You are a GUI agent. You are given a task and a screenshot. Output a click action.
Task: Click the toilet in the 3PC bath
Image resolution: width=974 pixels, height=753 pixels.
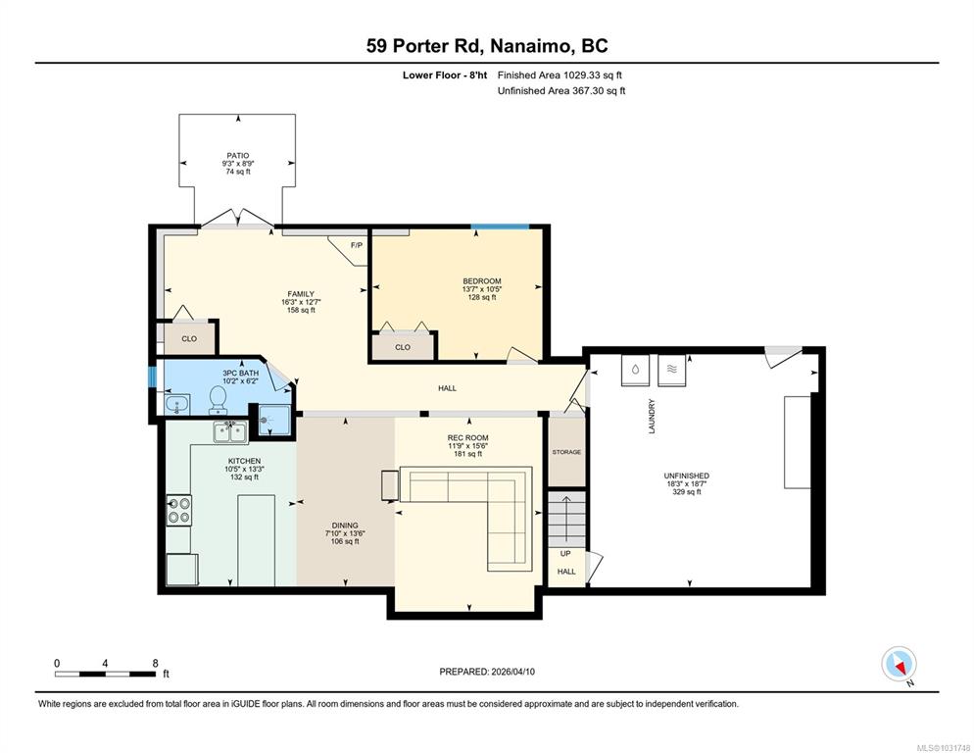pyautogui.click(x=218, y=399)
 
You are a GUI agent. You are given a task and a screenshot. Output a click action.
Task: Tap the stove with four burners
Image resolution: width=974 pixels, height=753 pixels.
pyautogui.click(x=179, y=510)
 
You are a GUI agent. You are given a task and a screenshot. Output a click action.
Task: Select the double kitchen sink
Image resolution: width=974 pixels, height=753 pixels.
pyautogui.click(x=230, y=431)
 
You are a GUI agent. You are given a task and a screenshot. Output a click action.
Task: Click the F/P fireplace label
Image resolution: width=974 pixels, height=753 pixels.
pyautogui.click(x=357, y=245)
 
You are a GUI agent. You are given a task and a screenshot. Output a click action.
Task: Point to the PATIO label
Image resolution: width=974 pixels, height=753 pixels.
pyautogui.click(x=238, y=156)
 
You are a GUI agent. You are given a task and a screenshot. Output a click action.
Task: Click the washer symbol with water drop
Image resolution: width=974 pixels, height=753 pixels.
pyautogui.click(x=635, y=370)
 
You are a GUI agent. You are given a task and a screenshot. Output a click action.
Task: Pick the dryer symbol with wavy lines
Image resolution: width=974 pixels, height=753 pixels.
pyautogui.click(x=671, y=370)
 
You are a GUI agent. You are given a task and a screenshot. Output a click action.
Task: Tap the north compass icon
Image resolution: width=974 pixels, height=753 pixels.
pyautogui.click(x=899, y=664)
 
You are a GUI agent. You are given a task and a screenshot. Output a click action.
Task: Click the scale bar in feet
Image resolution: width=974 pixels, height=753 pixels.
pyautogui.click(x=106, y=674)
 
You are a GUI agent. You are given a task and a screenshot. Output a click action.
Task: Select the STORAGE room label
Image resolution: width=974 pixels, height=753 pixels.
pyautogui.click(x=566, y=452)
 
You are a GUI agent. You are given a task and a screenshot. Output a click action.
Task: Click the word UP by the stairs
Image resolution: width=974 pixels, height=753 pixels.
pyautogui.click(x=565, y=553)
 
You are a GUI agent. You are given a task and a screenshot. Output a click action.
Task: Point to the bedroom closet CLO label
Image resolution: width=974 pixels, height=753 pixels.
pyautogui.click(x=403, y=347)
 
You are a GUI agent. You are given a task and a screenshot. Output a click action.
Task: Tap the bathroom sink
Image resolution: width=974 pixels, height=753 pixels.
pyautogui.click(x=178, y=405)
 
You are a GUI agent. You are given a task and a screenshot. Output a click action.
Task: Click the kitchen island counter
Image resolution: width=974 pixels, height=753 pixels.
pyautogui.click(x=256, y=539)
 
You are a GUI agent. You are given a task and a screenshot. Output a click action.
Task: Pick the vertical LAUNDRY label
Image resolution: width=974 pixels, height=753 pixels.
pyautogui.click(x=652, y=416)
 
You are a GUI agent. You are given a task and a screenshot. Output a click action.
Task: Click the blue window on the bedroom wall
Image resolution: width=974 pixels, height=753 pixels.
pyautogui.click(x=500, y=226)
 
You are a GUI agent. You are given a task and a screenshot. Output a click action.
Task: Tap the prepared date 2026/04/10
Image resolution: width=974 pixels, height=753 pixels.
pyautogui.click(x=512, y=672)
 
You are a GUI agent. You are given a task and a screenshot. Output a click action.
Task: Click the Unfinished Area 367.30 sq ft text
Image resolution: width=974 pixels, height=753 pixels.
pyautogui.click(x=561, y=91)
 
